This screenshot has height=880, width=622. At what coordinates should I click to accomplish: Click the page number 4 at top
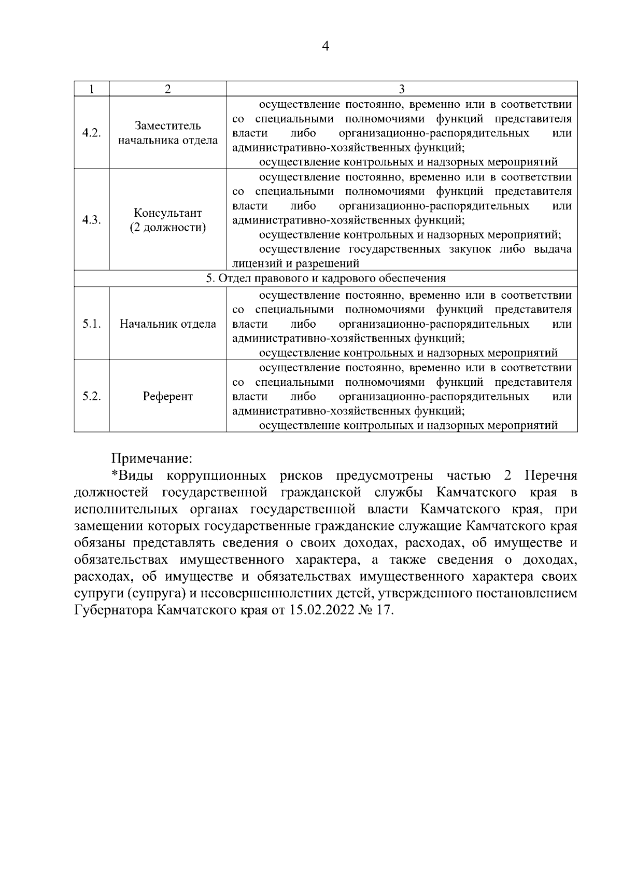(326, 47)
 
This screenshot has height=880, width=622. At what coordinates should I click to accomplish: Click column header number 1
(91, 89)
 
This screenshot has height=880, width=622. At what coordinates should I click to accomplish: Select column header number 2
(167, 89)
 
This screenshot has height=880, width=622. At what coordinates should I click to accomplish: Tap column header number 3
(402, 89)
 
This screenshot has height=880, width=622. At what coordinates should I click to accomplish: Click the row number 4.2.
(91, 133)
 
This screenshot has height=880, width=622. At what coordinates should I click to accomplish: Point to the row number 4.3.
(91, 220)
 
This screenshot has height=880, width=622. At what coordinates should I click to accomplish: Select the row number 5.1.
(91, 324)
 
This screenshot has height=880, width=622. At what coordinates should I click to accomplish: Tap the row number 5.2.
(91, 396)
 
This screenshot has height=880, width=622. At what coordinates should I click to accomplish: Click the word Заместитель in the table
(167, 126)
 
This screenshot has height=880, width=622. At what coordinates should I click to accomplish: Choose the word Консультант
(167, 213)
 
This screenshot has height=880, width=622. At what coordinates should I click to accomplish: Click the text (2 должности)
(167, 228)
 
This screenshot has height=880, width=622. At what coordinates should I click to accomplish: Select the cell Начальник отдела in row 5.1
(167, 324)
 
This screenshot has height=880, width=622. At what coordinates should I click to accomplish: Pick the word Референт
(167, 397)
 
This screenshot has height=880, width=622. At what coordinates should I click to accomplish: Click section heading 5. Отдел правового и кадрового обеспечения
(326, 278)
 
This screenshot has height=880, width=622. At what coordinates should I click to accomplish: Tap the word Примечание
(151, 458)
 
